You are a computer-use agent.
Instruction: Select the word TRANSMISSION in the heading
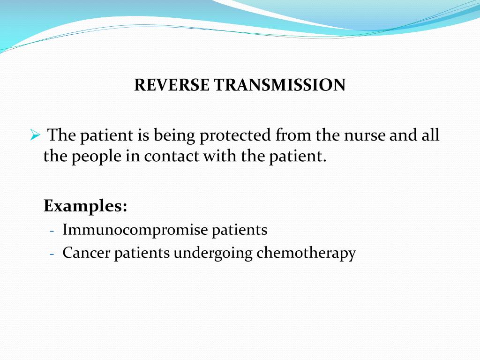click(280, 85)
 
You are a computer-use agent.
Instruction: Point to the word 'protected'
click(236, 136)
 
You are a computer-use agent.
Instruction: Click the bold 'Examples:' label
click(85, 206)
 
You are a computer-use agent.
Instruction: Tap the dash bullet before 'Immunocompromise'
click(52, 231)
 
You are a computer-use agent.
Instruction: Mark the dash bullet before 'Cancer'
click(52, 254)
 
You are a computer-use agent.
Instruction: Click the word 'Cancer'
click(86, 253)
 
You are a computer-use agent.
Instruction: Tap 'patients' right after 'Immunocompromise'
click(240, 230)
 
